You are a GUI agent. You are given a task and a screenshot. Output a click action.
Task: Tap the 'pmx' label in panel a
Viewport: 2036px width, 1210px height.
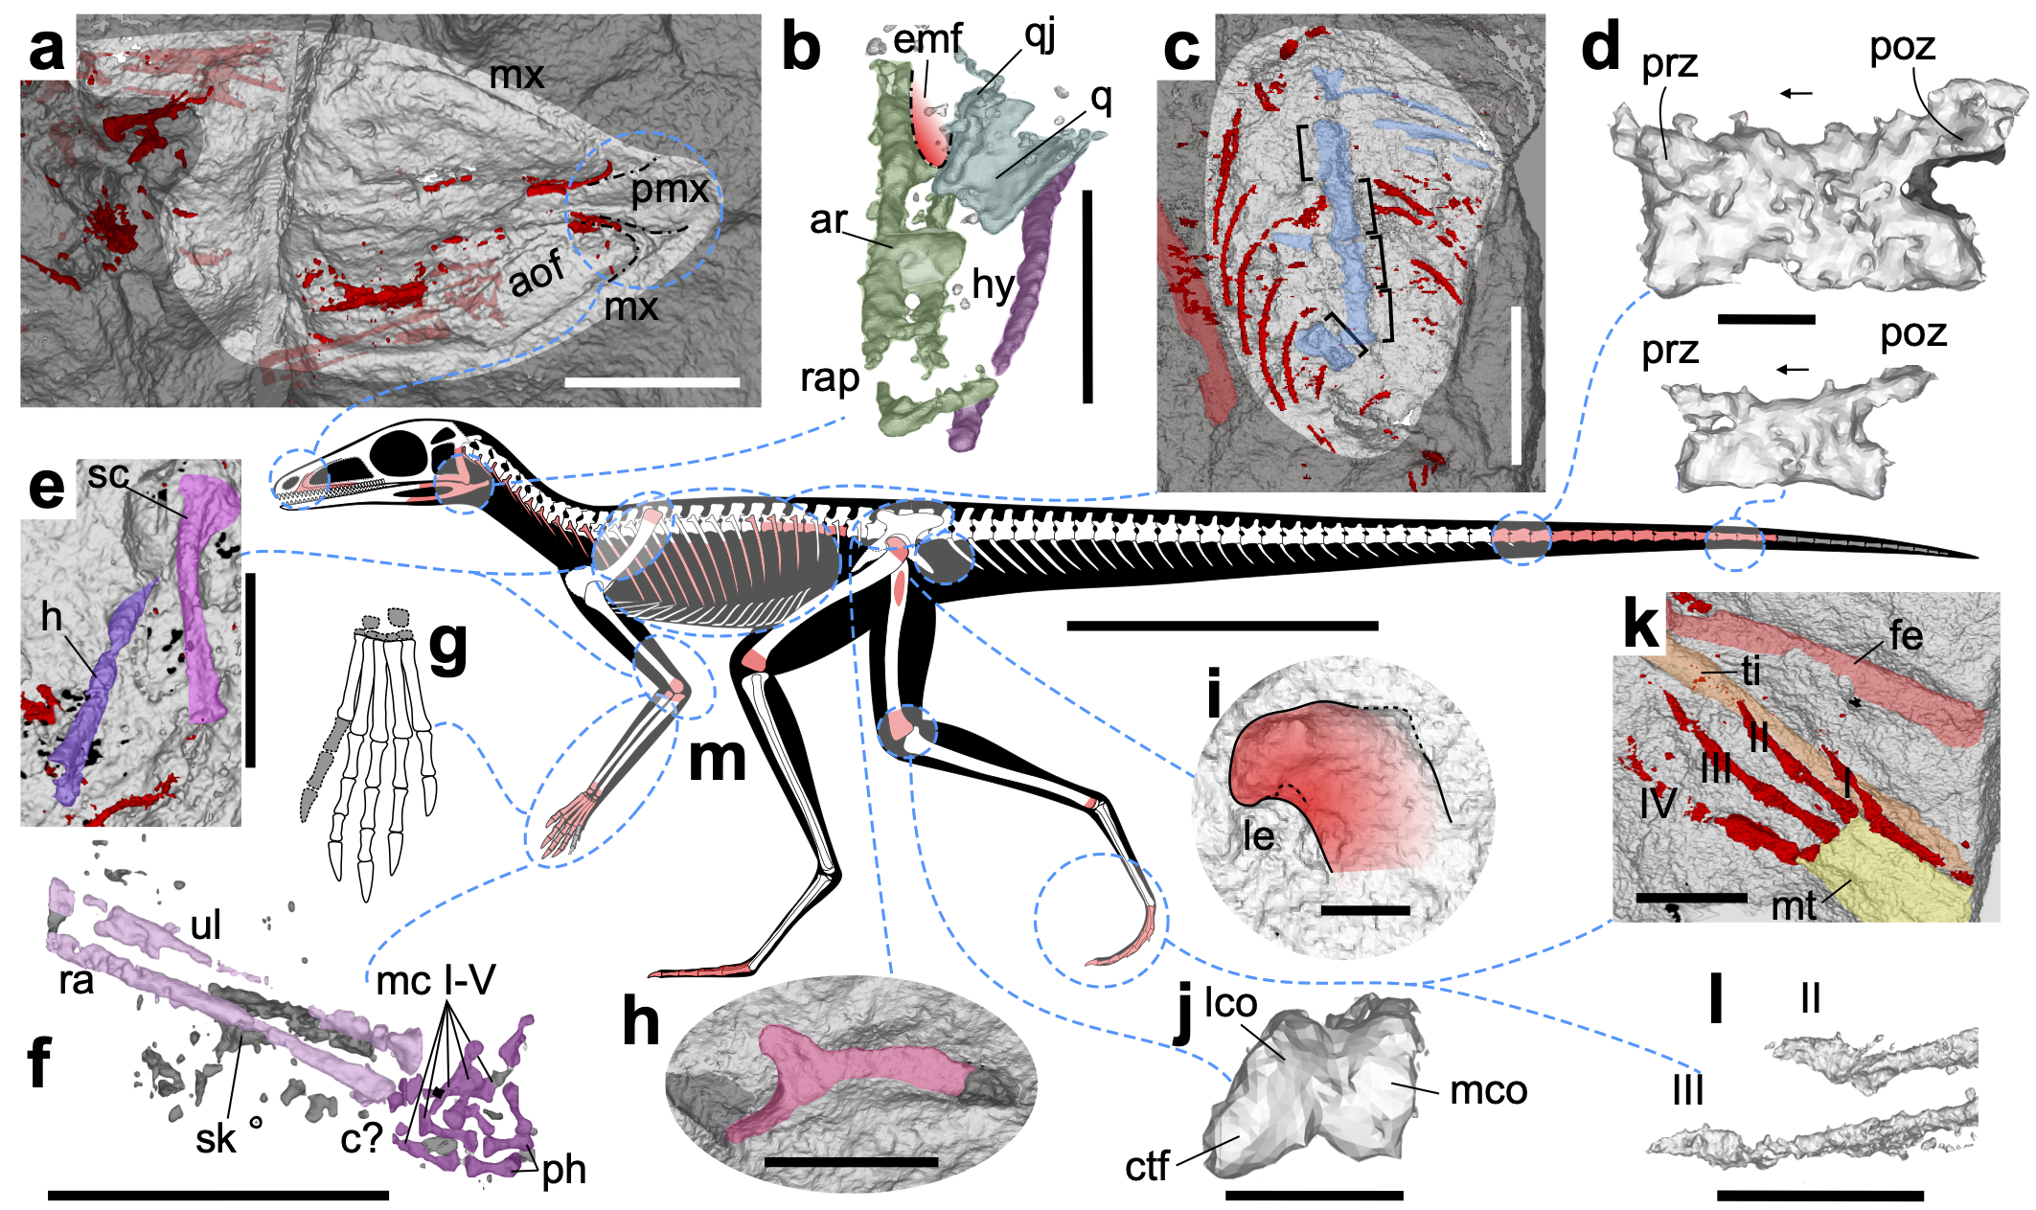[669, 191]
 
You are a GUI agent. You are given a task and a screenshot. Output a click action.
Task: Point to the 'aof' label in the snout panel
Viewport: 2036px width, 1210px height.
[536, 274]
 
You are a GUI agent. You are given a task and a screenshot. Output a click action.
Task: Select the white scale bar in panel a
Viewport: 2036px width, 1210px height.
[652, 382]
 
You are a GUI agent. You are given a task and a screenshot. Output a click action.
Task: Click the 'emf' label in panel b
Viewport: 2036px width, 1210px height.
[927, 38]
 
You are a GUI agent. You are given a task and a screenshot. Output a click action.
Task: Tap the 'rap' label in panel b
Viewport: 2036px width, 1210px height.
[830, 379]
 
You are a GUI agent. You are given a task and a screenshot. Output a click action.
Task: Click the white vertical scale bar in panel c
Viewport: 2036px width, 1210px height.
[1516, 385]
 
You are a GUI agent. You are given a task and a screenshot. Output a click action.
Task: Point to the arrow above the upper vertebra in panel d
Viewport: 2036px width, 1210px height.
[1796, 93]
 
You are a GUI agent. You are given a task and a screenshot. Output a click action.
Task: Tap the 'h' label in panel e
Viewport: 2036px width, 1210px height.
[52, 617]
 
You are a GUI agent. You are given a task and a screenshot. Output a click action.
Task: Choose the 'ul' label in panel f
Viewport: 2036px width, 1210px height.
[206, 925]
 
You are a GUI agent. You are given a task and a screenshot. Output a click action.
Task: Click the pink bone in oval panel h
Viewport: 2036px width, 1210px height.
[843, 1073]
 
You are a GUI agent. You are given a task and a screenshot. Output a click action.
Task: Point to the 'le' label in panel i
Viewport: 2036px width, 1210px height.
[1258, 835]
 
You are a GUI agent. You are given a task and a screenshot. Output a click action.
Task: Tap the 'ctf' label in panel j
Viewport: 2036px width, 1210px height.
[1147, 1166]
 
